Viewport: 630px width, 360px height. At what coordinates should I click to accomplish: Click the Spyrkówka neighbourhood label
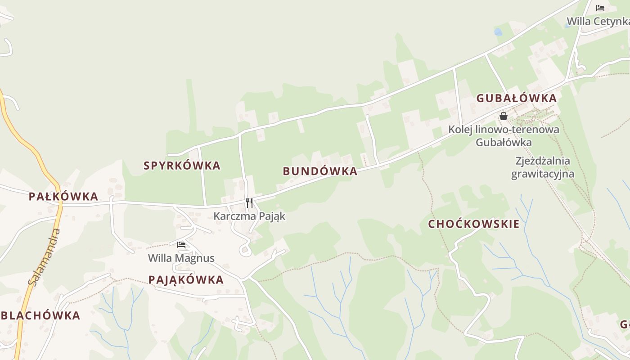coord(182,166)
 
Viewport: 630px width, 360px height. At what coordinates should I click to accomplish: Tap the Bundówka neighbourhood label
coord(320,171)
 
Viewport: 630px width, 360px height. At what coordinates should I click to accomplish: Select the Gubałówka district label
coord(516,98)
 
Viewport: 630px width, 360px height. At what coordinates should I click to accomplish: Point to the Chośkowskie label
coord(473,224)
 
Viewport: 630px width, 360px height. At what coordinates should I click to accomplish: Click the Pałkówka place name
coord(63,196)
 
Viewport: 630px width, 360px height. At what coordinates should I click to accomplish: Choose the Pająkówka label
coord(186,279)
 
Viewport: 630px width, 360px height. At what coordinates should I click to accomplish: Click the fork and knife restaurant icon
coord(249,203)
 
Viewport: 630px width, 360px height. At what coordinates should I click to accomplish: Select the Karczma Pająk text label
coord(249,216)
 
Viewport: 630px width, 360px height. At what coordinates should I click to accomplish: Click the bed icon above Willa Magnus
coord(181,245)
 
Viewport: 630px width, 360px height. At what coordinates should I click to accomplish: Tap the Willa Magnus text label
coord(181,258)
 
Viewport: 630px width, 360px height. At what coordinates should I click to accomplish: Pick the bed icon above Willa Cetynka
coord(600,8)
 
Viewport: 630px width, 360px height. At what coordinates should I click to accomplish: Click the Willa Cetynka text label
coord(598,21)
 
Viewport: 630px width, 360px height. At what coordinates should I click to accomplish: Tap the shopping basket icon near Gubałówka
coord(504,116)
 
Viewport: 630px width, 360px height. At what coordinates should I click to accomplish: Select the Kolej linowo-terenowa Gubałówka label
coord(504,136)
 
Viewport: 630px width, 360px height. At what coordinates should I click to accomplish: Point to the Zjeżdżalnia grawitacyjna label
coord(542,167)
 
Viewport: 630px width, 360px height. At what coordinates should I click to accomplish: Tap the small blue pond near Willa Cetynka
coord(498,32)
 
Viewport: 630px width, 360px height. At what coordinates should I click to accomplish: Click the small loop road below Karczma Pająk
coord(245,251)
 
